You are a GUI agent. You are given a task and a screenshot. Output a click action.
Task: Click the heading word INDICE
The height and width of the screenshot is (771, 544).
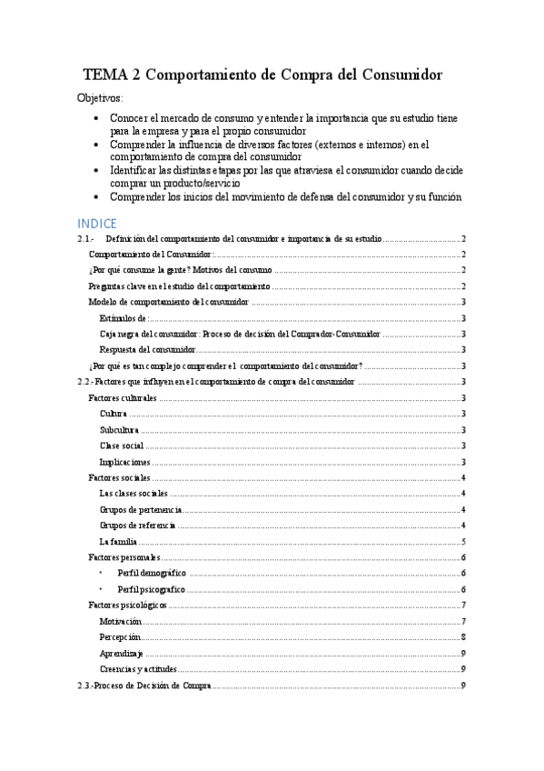click(x=98, y=223)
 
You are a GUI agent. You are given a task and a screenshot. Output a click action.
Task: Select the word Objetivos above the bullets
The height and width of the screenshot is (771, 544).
click(x=101, y=98)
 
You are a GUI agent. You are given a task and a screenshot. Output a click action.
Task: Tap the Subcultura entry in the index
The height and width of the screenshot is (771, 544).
click(x=119, y=429)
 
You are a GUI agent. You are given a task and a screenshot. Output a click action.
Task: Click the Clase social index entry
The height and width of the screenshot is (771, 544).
click(x=122, y=446)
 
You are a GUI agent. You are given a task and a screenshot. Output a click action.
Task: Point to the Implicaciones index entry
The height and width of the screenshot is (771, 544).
click(x=125, y=462)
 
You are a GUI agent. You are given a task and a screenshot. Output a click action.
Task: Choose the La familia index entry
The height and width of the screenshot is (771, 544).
click(x=118, y=541)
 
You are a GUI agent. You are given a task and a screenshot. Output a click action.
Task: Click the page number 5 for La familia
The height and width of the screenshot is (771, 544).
click(x=463, y=541)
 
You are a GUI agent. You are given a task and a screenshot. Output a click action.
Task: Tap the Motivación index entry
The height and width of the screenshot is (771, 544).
click(x=120, y=621)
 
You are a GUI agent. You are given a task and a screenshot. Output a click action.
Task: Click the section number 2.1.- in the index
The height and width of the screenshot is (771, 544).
click(x=86, y=238)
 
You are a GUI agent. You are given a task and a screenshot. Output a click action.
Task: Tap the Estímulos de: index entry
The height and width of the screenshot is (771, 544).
click(x=124, y=318)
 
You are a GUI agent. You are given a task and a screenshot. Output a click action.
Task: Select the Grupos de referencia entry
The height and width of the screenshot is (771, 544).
click(x=137, y=525)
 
